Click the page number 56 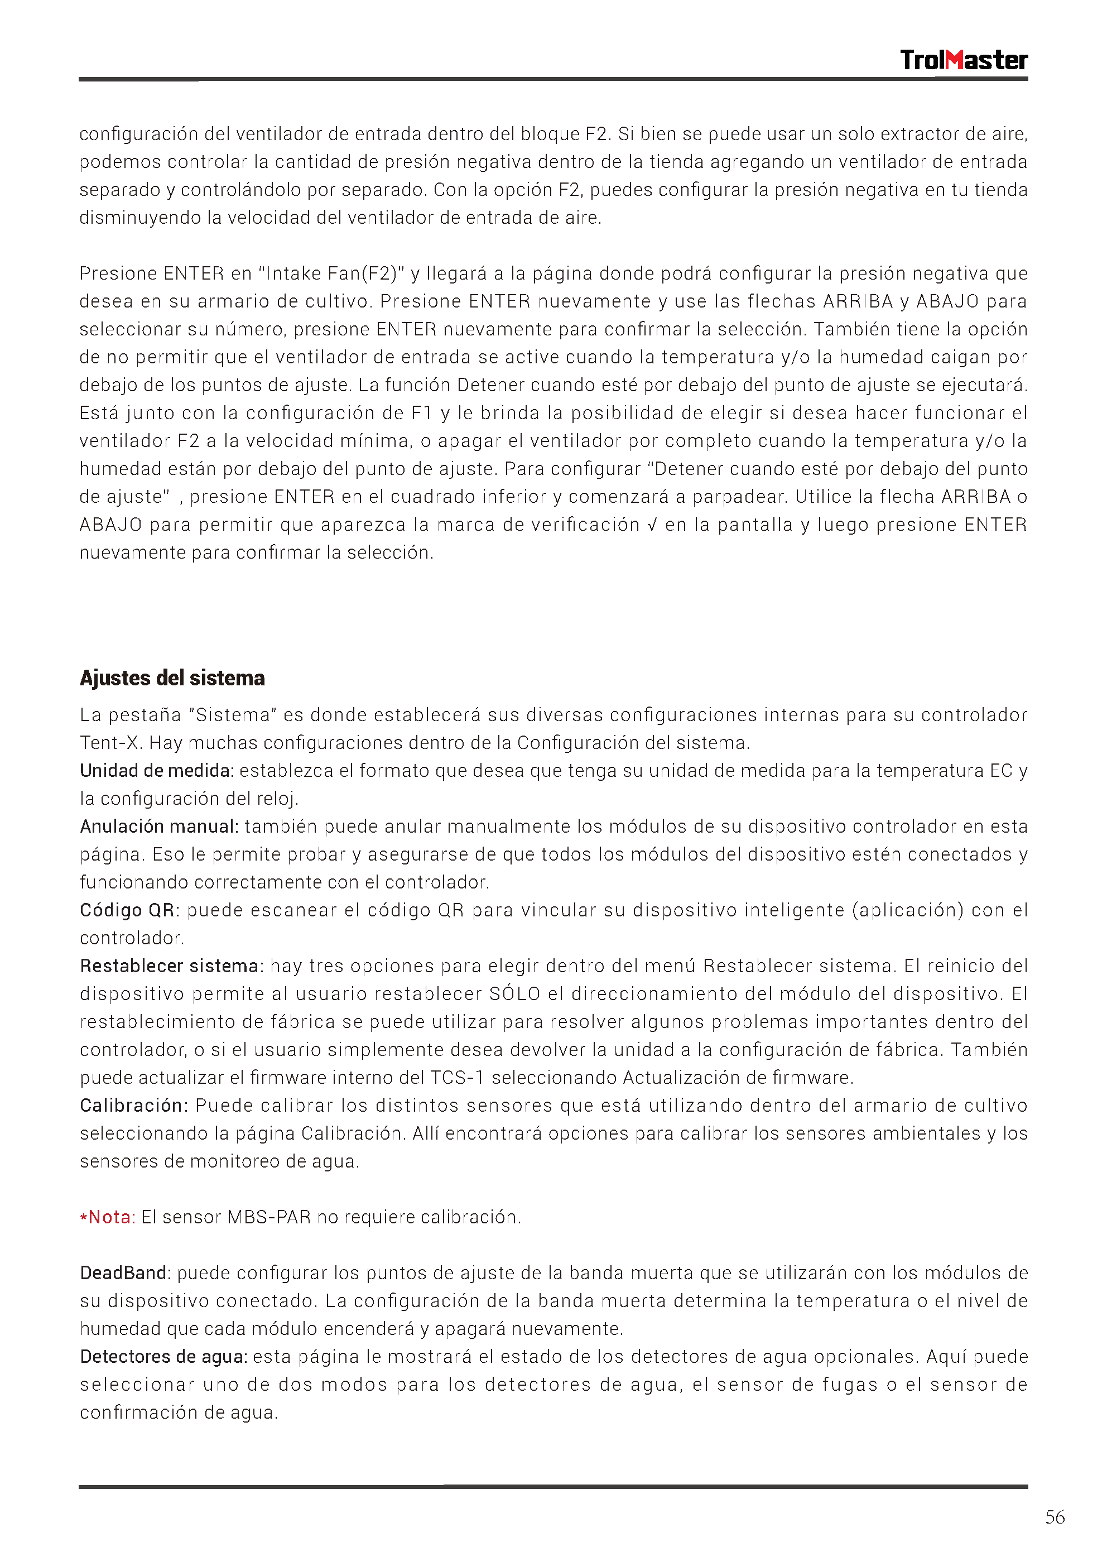(x=1055, y=1517)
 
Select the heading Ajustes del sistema (x=172, y=678)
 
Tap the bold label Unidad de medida (x=156, y=771)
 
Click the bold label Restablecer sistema (x=170, y=967)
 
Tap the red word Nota (x=111, y=1217)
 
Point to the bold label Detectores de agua (x=163, y=1357)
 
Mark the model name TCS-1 (x=457, y=1078)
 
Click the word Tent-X (x=110, y=743)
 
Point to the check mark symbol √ (x=651, y=525)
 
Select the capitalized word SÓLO (x=515, y=995)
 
